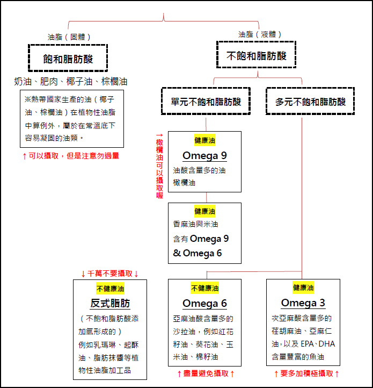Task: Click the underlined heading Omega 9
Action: pyautogui.click(x=204, y=156)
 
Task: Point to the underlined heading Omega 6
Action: pyautogui.click(x=204, y=304)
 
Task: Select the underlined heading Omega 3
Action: pyautogui.click(x=303, y=303)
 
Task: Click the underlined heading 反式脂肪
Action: pyautogui.click(x=110, y=304)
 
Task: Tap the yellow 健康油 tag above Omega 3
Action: pyautogui.click(x=303, y=288)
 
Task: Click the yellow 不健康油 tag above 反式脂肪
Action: pyautogui.click(x=110, y=289)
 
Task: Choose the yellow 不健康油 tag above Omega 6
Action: pyautogui.click(x=204, y=288)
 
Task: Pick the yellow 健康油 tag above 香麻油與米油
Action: pyautogui.click(x=204, y=211)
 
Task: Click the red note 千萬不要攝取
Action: pyautogui.click(x=109, y=274)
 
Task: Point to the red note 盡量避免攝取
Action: pyautogui.click(x=206, y=373)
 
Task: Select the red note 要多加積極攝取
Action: pyautogui.click(x=306, y=373)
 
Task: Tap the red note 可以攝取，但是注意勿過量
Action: pyautogui.click(x=71, y=156)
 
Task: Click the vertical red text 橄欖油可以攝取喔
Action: pyautogui.click(x=159, y=166)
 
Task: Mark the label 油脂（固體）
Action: pyautogui.click(x=69, y=37)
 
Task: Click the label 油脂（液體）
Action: pyautogui.click(x=260, y=34)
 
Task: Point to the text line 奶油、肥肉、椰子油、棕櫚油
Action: pyautogui.click(x=71, y=81)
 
